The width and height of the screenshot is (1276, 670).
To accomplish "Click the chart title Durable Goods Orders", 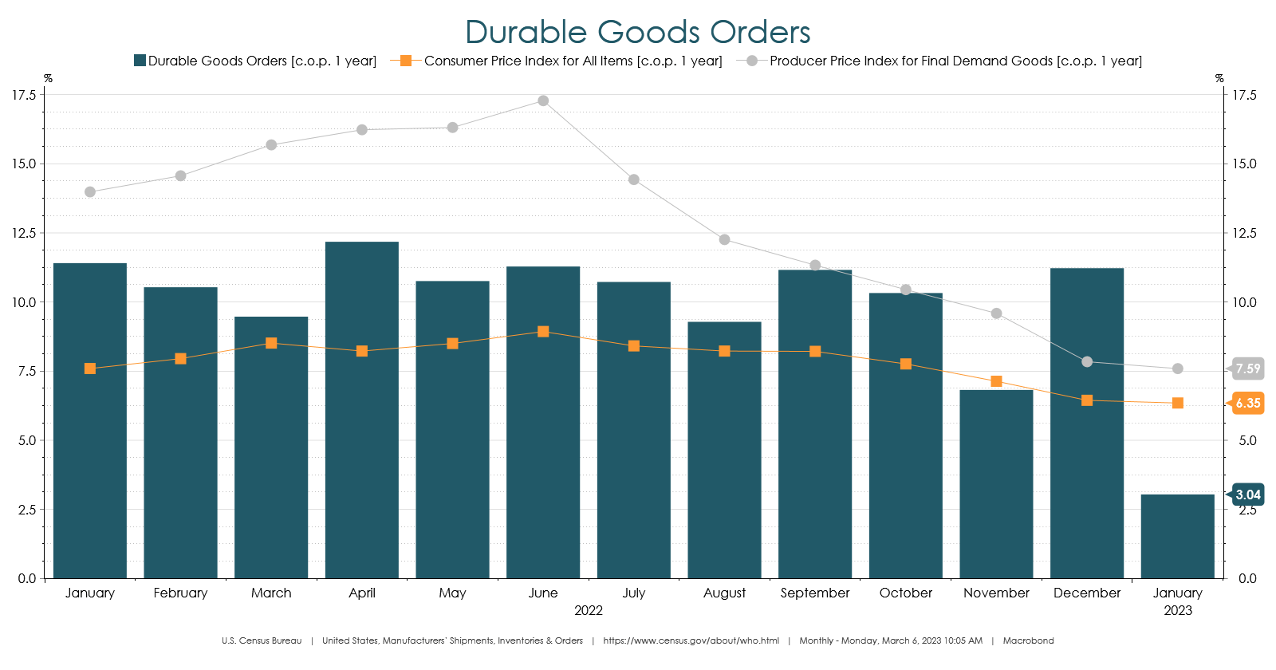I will pyautogui.click(x=637, y=33).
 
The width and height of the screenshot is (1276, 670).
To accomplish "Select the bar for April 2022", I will pyautogui.click(x=362, y=410).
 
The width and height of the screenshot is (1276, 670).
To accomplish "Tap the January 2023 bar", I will pyautogui.click(x=1177, y=536).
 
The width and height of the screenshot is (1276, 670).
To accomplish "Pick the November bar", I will pyautogui.click(x=996, y=484).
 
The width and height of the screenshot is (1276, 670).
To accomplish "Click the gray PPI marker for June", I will pyautogui.click(x=543, y=100).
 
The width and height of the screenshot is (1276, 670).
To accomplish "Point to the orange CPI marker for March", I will pyautogui.click(x=271, y=343).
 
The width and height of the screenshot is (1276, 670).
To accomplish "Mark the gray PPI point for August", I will pyautogui.click(x=724, y=239).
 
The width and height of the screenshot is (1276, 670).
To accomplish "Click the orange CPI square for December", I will pyautogui.click(x=1087, y=400).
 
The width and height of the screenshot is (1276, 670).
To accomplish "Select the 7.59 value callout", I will pyautogui.click(x=1248, y=368).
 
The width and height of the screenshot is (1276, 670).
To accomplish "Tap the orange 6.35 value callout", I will pyautogui.click(x=1248, y=403).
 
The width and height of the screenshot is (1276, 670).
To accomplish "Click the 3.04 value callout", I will pyautogui.click(x=1248, y=495).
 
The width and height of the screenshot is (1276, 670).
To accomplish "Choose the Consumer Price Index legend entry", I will pyautogui.click(x=573, y=61).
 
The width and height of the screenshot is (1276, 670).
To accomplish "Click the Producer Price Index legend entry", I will pyautogui.click(x=955, y=61).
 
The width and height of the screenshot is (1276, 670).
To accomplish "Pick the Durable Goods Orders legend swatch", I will pyautogui.click(x=140, y=61).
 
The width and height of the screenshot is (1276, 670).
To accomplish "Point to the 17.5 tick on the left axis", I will pyautogui.click(x=24, y=95).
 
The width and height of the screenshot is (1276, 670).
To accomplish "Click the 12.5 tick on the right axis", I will pyautogui.click(x=1244, y=233).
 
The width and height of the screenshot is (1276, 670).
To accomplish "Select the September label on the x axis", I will pyautogui.click(x=815, y=593).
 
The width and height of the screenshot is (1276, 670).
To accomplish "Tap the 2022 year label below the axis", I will pyautogui.click(x=589, y=610).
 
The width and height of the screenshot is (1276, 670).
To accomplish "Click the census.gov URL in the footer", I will pyautogui.click(x=691, y=640).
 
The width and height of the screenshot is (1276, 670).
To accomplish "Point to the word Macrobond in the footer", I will pyautogui.click(x=1028, y=640).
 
